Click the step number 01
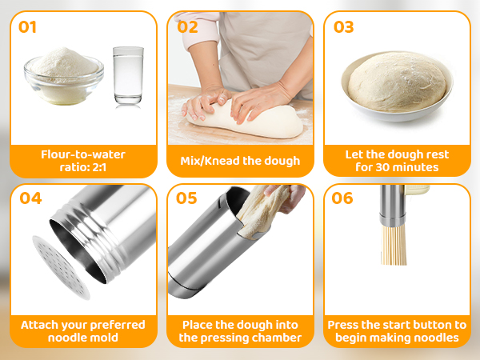click(x=28, y=26)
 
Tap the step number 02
click(x=186, y=26)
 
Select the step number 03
click(x=343, y=26)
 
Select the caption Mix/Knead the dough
click(x=240, y=161)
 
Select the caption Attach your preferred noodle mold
click(x=83, y=331)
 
